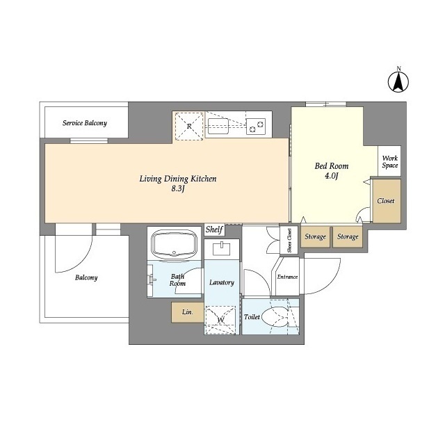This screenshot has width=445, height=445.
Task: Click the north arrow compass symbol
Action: [398, 81]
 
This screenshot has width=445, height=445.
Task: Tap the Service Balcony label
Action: [85, 123]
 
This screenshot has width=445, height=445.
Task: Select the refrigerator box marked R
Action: [189, 126]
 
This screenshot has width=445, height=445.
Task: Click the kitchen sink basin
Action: [218, 126]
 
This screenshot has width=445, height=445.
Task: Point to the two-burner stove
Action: [256, 126]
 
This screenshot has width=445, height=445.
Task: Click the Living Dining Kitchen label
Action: [178, 179]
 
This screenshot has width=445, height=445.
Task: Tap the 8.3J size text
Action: [178, 188]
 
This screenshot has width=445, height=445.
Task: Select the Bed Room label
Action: [332, 165]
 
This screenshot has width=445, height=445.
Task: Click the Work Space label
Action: [389, 161]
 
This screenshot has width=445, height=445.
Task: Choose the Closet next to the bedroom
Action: [387, 201]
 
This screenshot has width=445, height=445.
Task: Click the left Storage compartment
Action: [315, 236]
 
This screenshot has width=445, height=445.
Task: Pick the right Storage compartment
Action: [348, 236]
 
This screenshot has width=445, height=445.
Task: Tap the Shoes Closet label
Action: [289, 241]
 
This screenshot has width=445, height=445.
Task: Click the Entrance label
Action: [287, 277]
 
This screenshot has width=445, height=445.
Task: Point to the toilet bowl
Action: [275, 316]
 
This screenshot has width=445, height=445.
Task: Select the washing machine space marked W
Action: [220, 320]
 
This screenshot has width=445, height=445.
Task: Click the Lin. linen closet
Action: [187, 312]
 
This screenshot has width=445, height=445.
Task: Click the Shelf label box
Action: [215, 229]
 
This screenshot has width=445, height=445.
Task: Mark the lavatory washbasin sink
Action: [221, 249]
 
